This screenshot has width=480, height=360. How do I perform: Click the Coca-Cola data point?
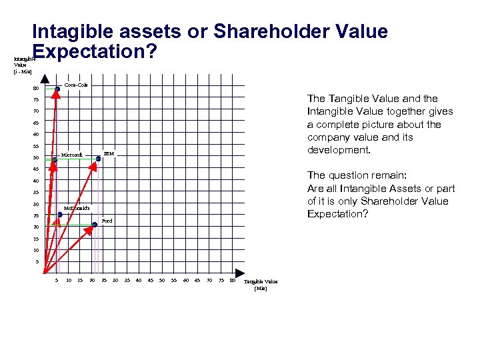[x=57, y=89]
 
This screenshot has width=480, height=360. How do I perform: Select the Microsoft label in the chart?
[x=71, y=155]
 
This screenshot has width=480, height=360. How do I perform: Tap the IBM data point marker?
[x=98, y=158]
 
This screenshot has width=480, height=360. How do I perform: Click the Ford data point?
[x=95, y=225]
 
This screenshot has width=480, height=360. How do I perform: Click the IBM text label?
[x=109, y=154]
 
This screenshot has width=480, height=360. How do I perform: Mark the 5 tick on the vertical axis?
[x=37, y=262]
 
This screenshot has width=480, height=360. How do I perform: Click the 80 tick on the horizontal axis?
[x=232, y=280]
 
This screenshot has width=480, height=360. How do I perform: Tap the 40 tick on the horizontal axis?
[x=138, y=280]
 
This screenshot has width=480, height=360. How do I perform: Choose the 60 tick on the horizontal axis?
[x=185, y=280]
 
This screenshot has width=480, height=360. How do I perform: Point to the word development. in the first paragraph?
[x=338, y=150]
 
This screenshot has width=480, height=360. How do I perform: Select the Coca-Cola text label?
[x=76, y=85]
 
